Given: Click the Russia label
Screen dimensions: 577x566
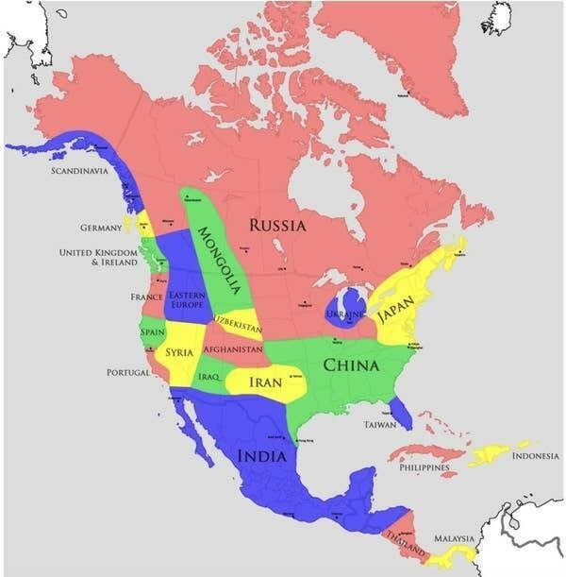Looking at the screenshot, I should point(276,226).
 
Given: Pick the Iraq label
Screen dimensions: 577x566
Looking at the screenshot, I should point(209,377).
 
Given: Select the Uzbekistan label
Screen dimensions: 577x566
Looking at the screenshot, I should point(237,322).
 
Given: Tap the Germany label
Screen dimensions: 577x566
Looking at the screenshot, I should point(101,228).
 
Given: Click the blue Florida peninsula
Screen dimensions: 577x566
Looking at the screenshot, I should point(400,409).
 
